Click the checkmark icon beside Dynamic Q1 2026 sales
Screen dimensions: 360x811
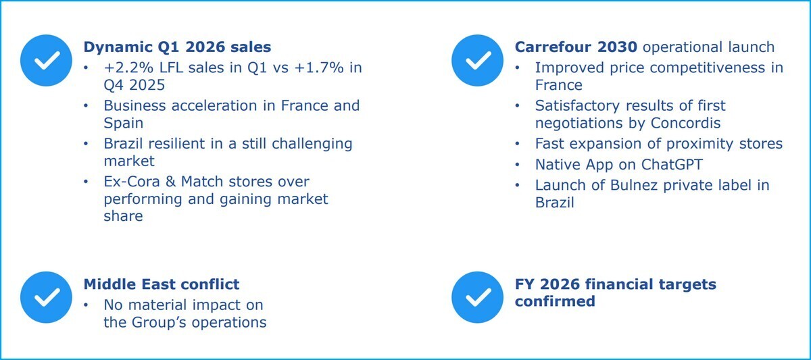(47, 61)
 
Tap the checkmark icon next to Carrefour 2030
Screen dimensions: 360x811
(478, 61)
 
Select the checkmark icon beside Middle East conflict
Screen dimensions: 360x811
(47, 297)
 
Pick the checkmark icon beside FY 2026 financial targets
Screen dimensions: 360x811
(478, 297)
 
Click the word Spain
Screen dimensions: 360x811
(124, 124)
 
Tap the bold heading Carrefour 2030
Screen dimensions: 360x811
(576, 47)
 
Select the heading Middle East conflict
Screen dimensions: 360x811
(161, 284)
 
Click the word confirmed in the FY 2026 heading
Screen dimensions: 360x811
(554, 301)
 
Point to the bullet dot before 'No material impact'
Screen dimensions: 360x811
(86, 305)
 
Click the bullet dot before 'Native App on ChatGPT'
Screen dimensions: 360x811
(518, 165)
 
